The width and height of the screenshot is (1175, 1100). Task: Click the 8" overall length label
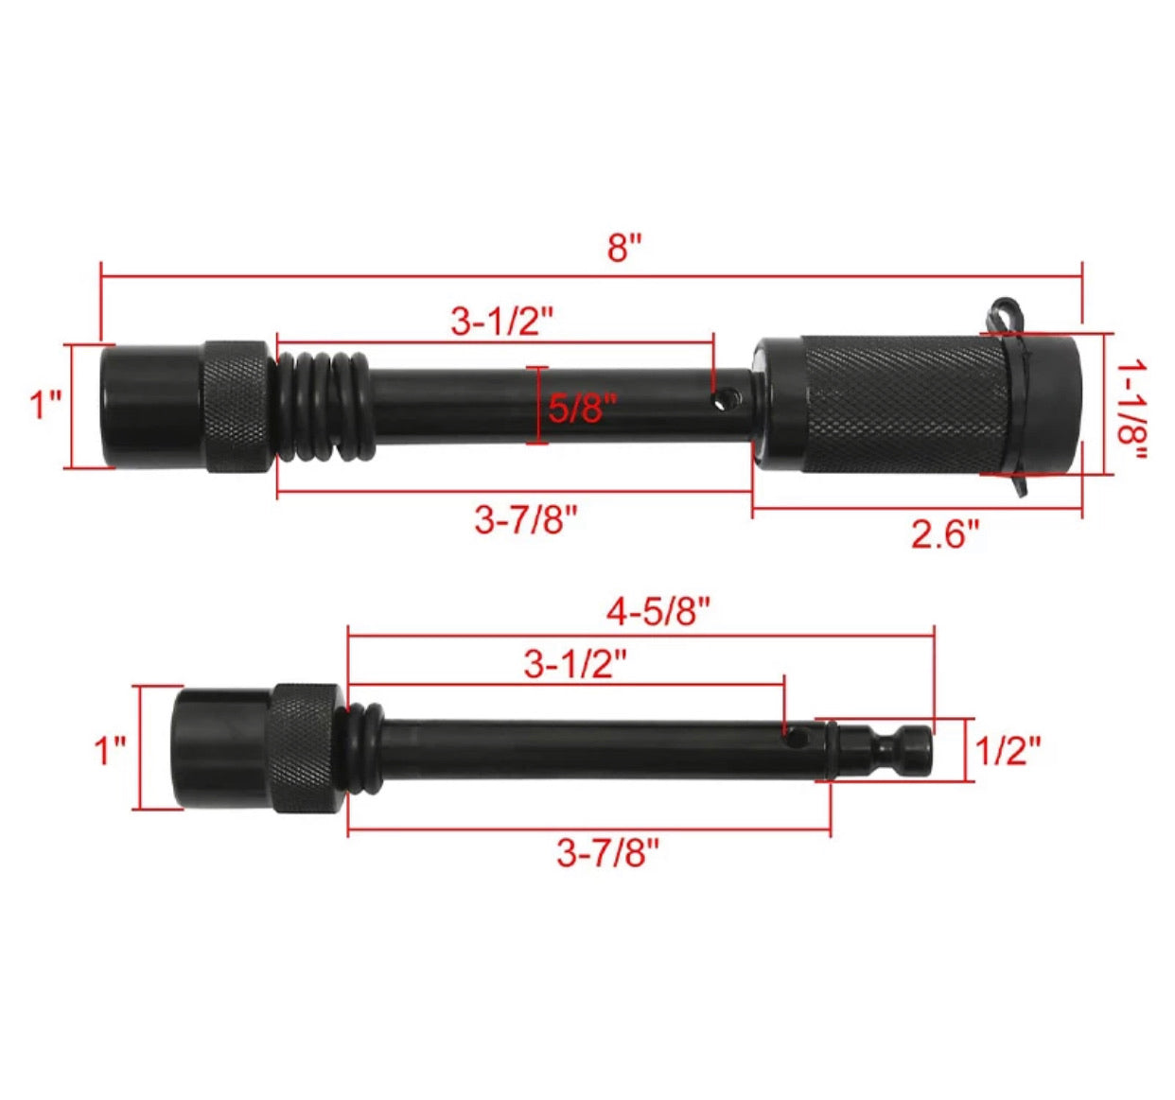pos(624,247)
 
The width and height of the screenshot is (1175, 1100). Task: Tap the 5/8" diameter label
pos(582,408)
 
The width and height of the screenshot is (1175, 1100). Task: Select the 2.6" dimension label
pos(945,533)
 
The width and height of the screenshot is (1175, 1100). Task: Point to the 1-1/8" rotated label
pos(1131,410)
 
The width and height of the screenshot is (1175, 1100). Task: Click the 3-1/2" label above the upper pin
pos(502,323)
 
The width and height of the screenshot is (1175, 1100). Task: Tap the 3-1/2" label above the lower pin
pos(575,664)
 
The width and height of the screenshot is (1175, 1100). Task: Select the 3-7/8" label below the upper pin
pos(526,521)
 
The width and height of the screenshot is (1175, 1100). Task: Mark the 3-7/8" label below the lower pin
pos(607,854)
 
